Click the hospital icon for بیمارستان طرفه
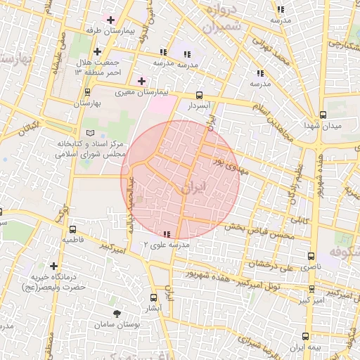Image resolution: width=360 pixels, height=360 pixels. coord(110,19)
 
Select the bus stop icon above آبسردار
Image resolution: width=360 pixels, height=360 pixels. coord(199,95)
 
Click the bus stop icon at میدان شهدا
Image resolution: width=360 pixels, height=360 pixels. coord(323,115)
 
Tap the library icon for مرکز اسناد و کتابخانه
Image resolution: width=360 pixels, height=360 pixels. coord(89,133)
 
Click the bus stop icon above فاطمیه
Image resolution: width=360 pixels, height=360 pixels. coord(73,229)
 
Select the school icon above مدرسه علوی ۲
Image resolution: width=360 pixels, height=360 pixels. coord(167,234)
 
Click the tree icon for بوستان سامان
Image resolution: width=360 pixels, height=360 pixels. coord(116,314)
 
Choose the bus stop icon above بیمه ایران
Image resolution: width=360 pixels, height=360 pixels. coord(306,337)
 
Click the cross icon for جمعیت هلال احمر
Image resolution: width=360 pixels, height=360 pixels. coord(96,51)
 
